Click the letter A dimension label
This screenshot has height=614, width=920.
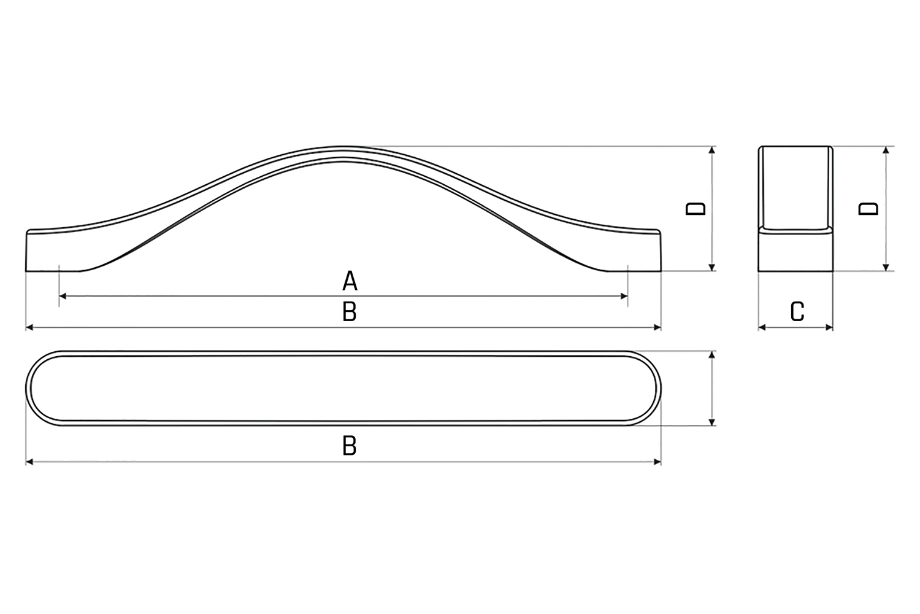(350, 281)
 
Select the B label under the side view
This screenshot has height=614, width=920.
(350, 311)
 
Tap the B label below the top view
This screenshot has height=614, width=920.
(350, 445)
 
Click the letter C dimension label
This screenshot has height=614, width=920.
(797, 311)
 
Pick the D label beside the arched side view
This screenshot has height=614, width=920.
(696, 209)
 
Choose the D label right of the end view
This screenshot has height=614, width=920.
(868, 209)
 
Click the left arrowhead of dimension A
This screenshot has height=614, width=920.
(63, 296)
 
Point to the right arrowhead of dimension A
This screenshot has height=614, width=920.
(624, 296)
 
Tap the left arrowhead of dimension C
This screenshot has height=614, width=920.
(762, 327)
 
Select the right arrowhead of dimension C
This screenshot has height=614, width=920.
(829, 327)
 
